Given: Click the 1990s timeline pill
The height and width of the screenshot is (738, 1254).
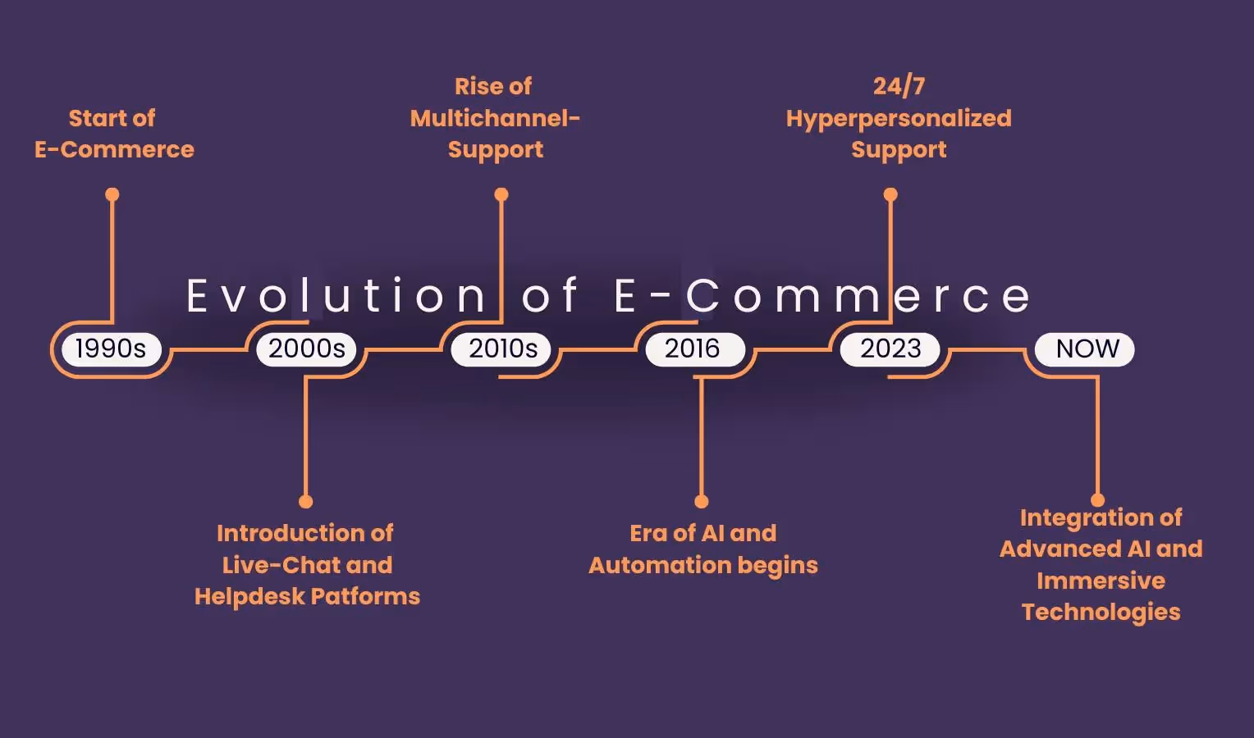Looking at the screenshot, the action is point(111,348).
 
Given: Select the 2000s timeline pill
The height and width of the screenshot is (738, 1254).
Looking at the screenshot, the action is point(306,348).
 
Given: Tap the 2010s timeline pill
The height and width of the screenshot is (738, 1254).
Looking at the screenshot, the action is point(502,348).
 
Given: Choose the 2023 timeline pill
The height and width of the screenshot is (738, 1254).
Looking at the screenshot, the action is point(890,348).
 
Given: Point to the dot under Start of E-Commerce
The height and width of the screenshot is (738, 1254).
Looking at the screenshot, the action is point(112,194).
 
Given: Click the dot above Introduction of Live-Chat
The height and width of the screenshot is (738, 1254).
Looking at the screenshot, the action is point(306,501).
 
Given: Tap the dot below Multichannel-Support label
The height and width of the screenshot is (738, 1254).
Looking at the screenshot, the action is point(501,194).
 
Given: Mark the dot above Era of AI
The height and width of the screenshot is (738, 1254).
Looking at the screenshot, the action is point(701,501).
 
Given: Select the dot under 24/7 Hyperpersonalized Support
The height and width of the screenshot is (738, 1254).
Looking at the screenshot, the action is point(890,194).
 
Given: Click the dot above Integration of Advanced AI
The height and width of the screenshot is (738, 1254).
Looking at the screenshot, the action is point(1097,499).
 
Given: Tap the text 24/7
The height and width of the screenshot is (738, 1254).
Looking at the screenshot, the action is point(899,86).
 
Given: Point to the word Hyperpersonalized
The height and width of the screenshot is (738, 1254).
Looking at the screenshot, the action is point(899,119).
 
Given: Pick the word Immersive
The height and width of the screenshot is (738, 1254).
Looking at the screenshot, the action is point(1101,581).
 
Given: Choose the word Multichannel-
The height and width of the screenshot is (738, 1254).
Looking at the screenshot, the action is point(495,118).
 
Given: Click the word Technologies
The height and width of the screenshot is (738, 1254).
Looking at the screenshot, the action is point(1101,612).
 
